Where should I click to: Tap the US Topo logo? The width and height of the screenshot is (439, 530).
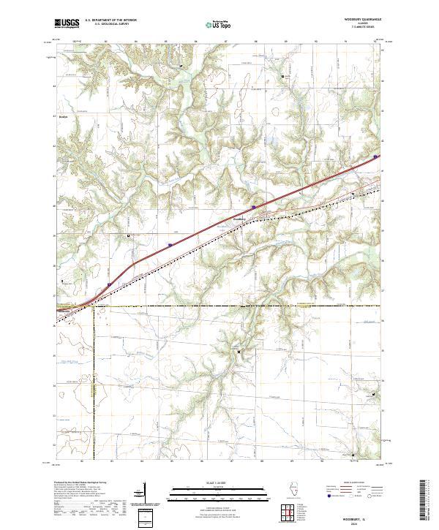pos(214,24)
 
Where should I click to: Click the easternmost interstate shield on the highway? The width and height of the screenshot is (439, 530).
pos(375,156)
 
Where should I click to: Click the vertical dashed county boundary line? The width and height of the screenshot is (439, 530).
pos(94,380)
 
